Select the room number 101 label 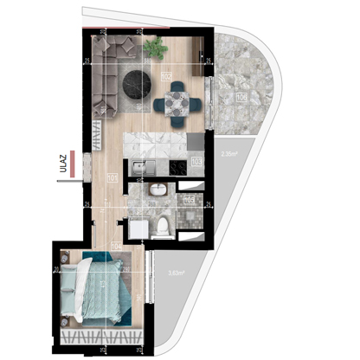[x=112, y=179]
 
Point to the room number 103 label [x=196, y=161]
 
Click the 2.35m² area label [x=229, y=156]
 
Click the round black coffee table [x=134, y=84]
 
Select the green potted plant [x=157, y=46]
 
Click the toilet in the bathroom [x=162, y=226]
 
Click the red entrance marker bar [x=76, y=161]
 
